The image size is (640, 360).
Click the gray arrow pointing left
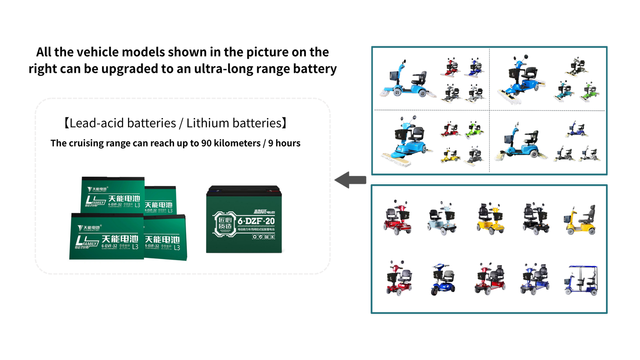[350, 180]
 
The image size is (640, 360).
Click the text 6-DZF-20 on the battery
[256, 221]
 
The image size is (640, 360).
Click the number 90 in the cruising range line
[206, 143]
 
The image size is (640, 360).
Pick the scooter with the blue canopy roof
[581, 280]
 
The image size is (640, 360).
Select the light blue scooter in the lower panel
[442, 218]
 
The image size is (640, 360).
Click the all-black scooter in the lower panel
[535, 218]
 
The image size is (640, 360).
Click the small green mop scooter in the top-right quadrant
[590, 92]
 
